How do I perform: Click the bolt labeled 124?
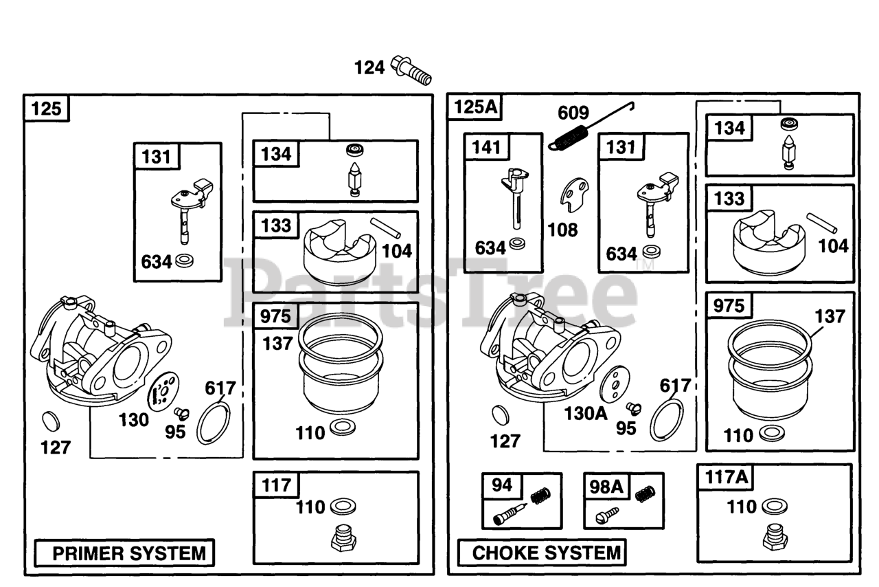411,70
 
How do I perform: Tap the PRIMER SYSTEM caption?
129,553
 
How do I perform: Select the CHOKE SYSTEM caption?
546,553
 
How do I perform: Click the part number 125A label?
475,107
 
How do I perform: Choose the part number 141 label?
486,147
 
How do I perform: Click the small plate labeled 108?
574,195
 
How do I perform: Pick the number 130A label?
586,414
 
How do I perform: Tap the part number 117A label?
727,477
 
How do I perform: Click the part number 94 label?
502,485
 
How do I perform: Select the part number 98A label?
606,487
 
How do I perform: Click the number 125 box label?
46,109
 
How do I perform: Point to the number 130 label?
134,420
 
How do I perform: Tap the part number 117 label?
276,485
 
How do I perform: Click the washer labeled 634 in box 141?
517,244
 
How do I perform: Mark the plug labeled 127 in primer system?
51,421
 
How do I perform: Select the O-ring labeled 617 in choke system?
666,420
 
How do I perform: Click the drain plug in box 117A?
775,537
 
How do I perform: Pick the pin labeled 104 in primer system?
385,228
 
